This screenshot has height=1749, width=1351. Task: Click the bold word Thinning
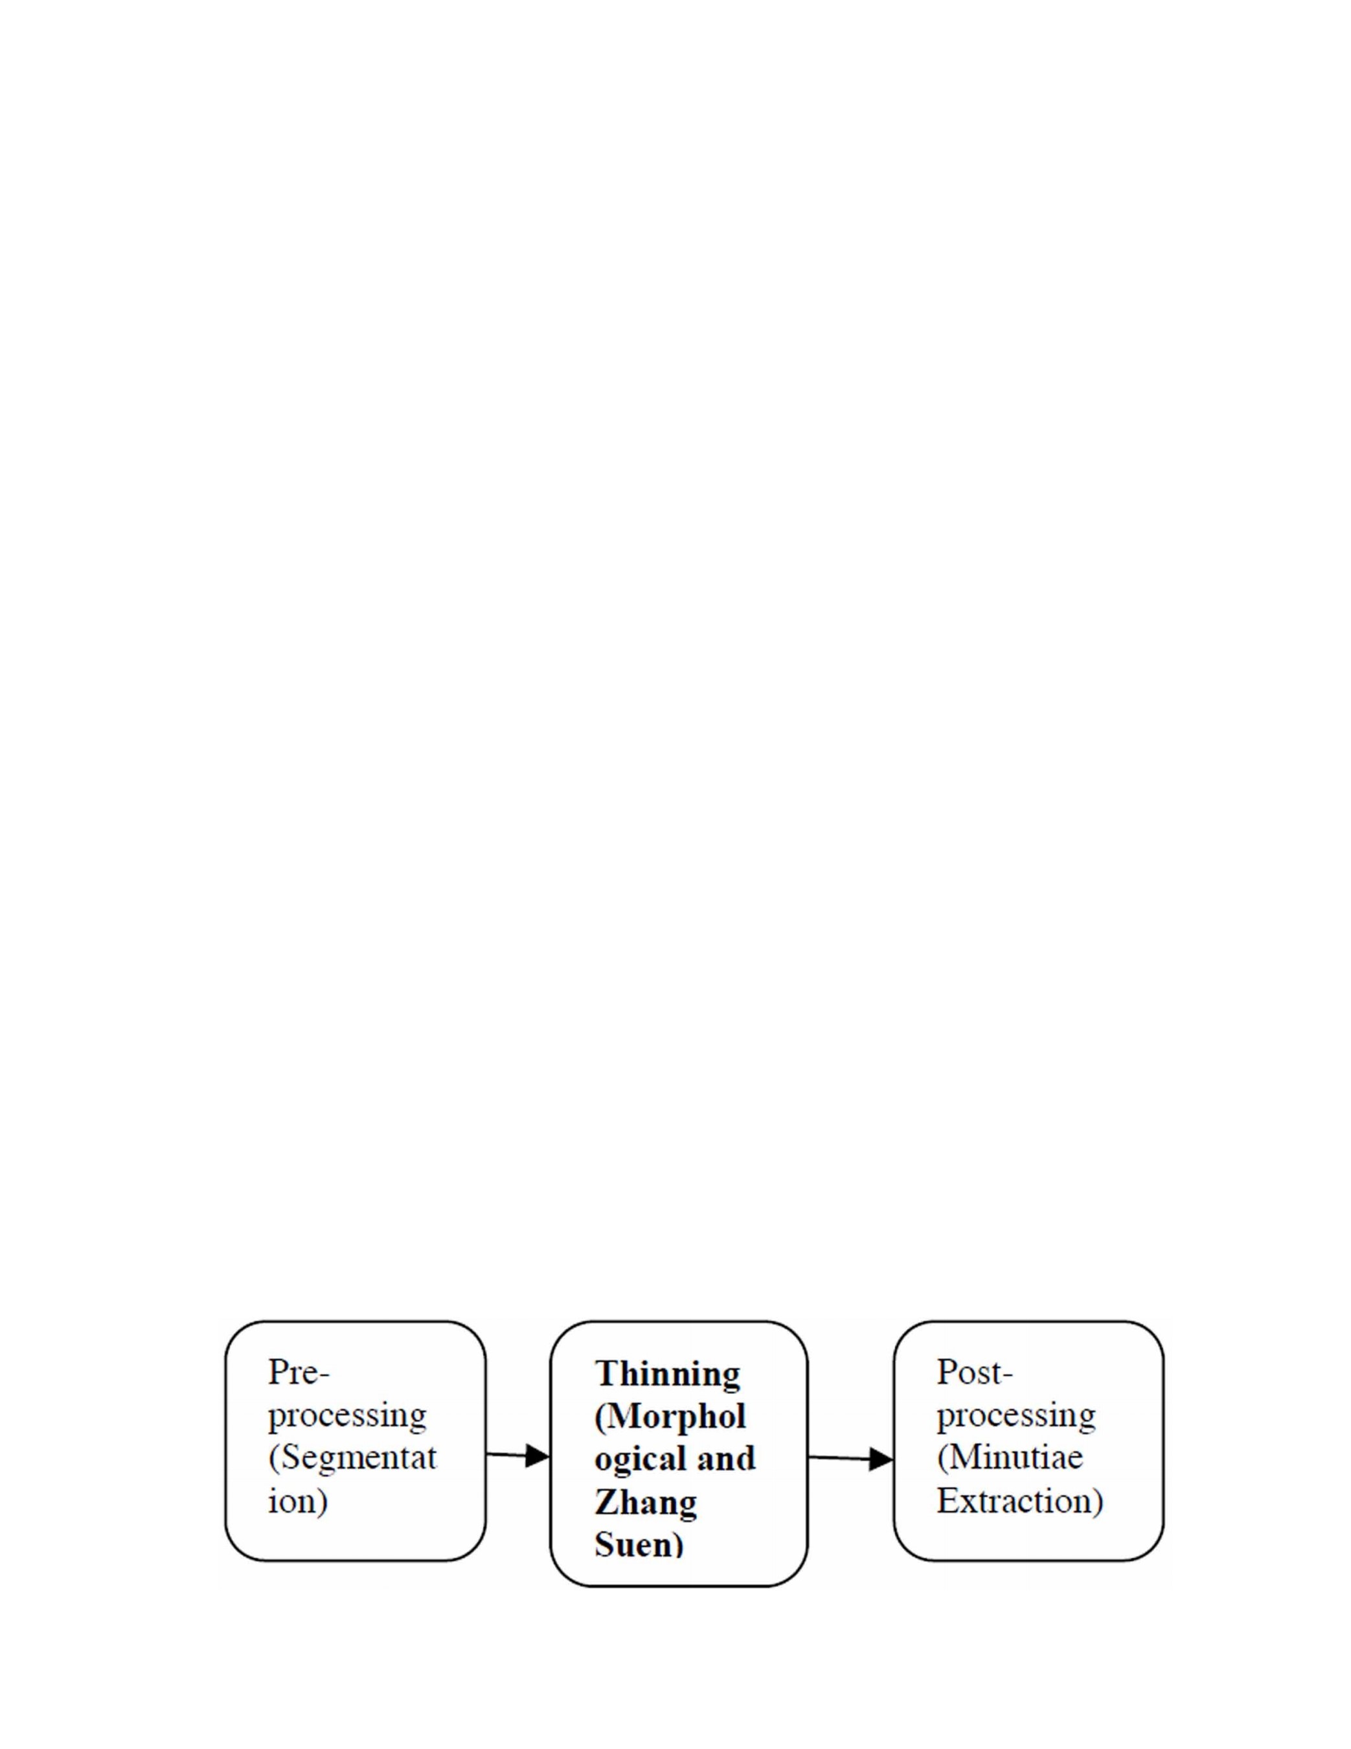[667, 1373]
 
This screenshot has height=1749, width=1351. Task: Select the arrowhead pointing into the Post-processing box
[881, 1459]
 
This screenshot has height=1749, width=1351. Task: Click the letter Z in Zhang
[606, 1501]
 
